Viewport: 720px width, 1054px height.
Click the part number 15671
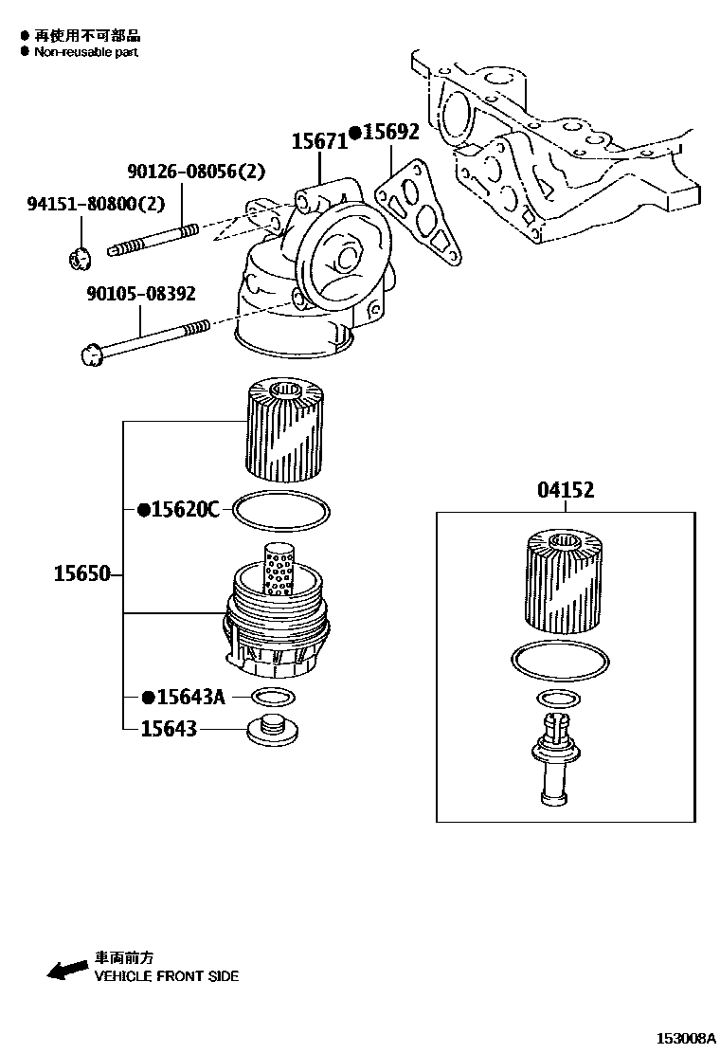318,141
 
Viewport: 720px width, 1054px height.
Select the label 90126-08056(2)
196,172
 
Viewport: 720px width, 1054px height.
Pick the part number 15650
81,574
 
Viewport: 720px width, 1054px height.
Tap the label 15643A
189,698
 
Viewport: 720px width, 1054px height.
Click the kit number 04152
566,491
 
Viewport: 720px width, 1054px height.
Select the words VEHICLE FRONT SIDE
166,975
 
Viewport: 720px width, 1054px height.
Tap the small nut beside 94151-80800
82,255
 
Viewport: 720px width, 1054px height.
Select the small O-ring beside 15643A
270,699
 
